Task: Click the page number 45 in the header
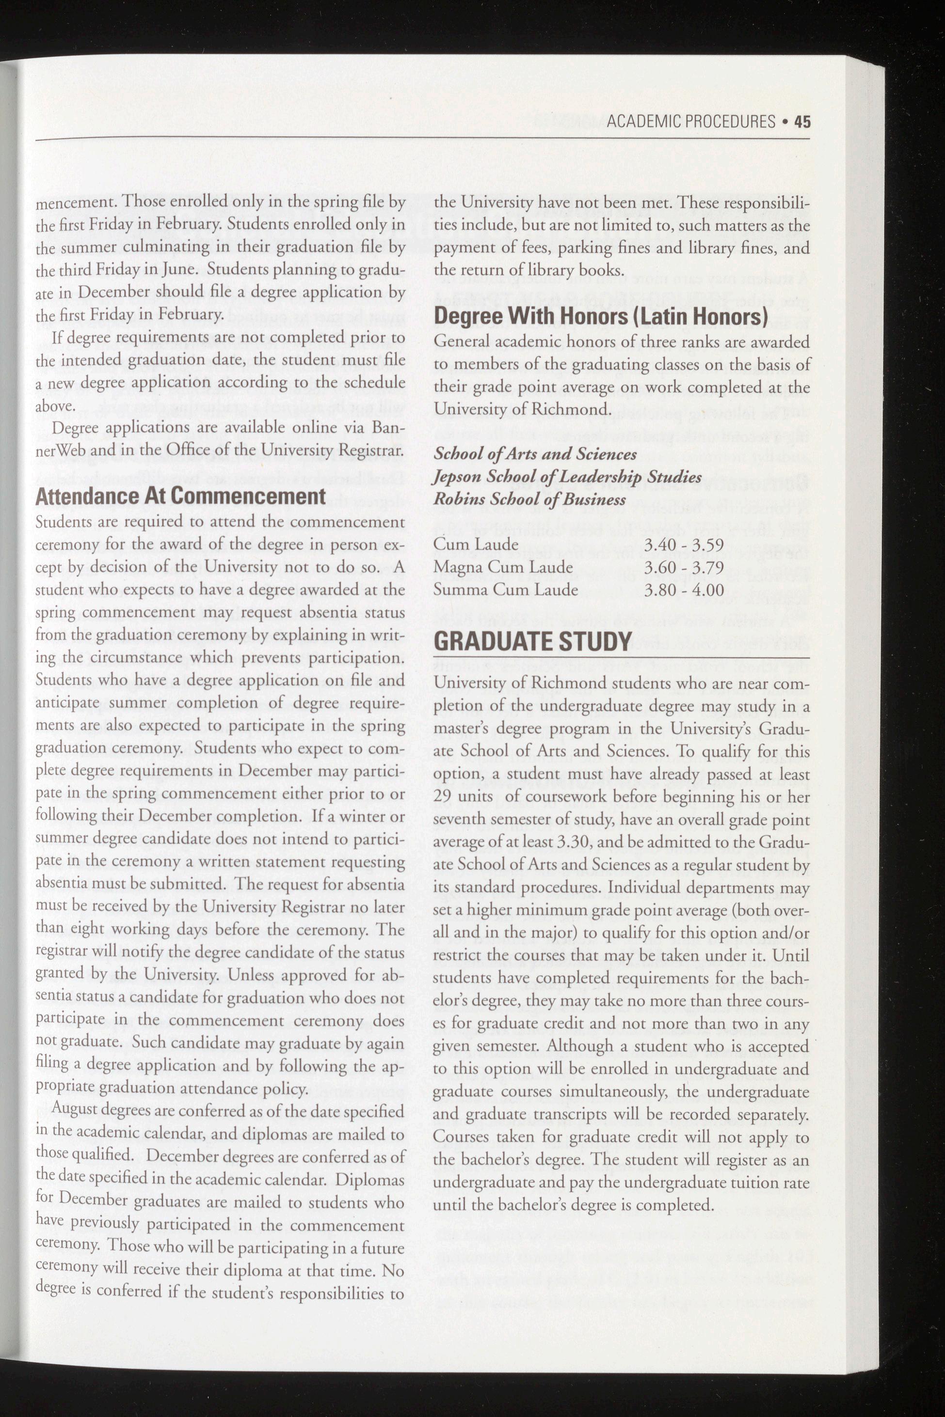(x=802, y=122)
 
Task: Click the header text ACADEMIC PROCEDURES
(x=690, y=122)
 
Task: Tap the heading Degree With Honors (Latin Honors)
(x=601, y=317)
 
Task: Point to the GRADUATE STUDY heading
(x=533, y=641)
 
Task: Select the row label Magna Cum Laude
(x=503, y=567)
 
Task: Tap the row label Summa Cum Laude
(x=506, y=590)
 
